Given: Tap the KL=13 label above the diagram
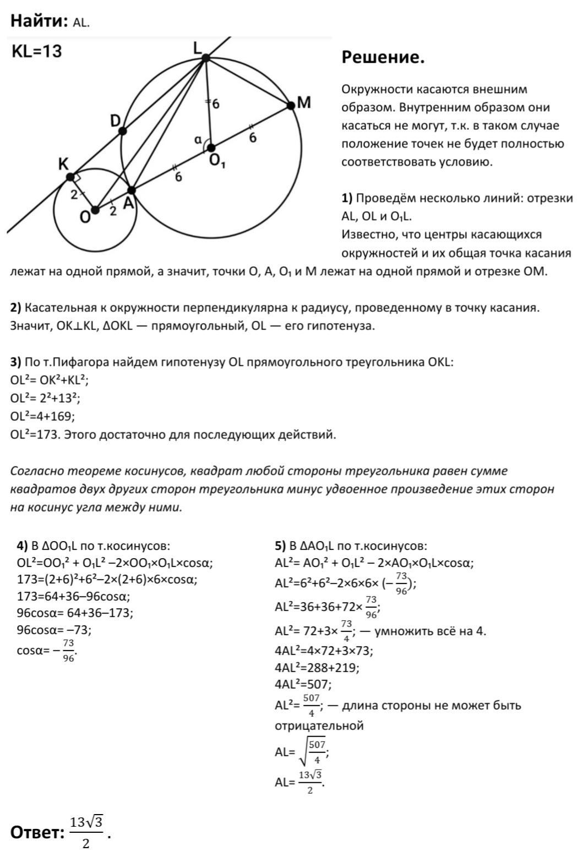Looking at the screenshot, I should pyautogui.click(x=36, y=52).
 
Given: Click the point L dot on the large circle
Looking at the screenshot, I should pyautogui.click(x=205, y=58).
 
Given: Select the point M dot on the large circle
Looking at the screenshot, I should pyautogui.click(x=291, y=106).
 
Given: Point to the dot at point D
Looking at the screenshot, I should pyautogui.click(x=122, y=131).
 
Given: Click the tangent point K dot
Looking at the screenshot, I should pyautogui.click(x=70, y=177).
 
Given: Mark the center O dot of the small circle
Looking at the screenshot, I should pyautogui.click(x=95, y=210).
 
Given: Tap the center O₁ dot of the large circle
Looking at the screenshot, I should pyautogui.click(x=210, y=147).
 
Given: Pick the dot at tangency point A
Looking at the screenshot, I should pyautogui.click(x=131, y=190).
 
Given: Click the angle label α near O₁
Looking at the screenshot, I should pyautogui.click(x=197, y=140).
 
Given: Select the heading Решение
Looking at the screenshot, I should pyautogui.click(x=383, y=57).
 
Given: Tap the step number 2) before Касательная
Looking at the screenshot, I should pyautogui.click(x=16, y=308).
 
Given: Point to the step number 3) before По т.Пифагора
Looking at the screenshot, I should pyautogui.click(x=16, y=362).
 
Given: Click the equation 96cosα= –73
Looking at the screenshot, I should pyautogui.click(x=54, y=630).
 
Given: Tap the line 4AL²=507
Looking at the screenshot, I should pyautogui.click(x=303, y=685).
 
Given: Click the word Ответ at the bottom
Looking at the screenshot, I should pyautogui.click(x=37, y=833).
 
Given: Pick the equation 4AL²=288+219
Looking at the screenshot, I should pyautogui.click(x=317, y=668).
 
